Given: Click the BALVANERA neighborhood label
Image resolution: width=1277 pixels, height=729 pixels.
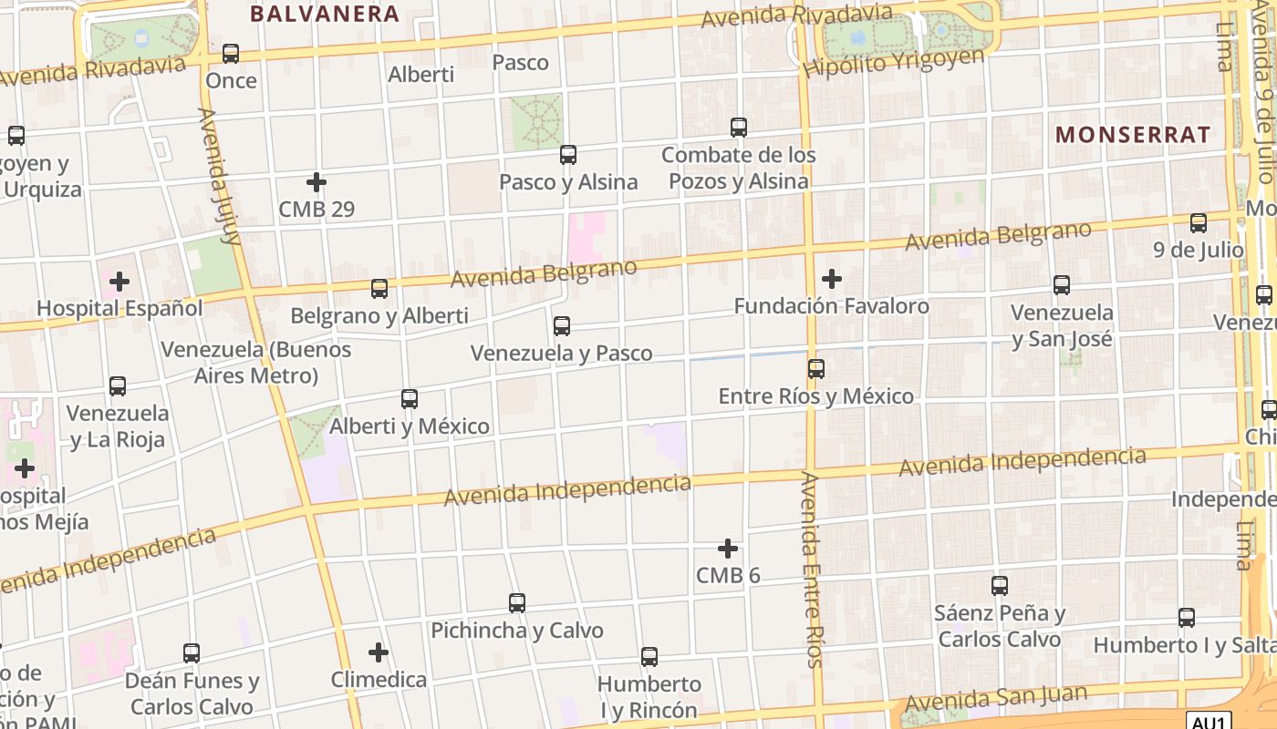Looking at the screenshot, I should [325, 14].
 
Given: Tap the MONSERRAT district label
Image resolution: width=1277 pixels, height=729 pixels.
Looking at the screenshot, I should [1133, 135].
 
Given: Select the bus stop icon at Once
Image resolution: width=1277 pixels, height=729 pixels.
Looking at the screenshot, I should [231, 54].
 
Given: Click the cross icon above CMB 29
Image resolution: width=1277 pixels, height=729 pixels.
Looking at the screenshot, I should [317, 182].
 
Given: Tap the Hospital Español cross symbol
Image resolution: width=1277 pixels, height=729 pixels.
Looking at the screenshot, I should [119, 282].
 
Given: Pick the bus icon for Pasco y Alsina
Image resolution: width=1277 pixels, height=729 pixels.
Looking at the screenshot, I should [568, 155].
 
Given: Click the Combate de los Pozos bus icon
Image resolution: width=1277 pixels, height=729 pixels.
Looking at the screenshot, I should [739, 128].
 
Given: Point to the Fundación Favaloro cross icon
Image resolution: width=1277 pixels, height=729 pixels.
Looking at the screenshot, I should [832, 279].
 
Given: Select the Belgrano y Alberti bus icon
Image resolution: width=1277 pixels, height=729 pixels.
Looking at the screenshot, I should [379, 289].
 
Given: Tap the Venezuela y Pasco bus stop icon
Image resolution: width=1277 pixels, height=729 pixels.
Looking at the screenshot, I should [562, 326].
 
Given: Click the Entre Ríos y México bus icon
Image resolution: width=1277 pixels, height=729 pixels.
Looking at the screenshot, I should [816, 369].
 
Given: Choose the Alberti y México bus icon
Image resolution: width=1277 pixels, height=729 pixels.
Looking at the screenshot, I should [410, 399].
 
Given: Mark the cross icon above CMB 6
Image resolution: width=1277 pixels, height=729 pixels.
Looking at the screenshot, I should [728, 549].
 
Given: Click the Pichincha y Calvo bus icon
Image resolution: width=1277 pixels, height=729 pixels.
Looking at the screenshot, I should [517, 603].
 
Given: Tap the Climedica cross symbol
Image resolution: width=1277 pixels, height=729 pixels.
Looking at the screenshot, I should [379, 652].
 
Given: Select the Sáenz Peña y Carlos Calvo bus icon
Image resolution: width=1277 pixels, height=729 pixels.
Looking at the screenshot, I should [1000, 586].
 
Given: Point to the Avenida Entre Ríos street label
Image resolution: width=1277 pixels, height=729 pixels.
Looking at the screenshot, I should [812, 570].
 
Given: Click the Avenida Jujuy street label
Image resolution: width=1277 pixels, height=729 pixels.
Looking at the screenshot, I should [219, 177].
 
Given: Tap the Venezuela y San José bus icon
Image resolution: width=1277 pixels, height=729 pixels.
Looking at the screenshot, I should [1062, 285].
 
